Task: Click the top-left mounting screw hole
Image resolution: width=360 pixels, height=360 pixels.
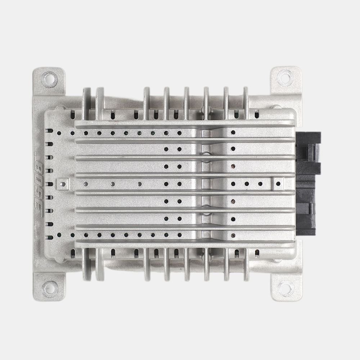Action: coord(49,79)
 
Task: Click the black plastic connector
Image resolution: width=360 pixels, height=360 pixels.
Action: coord(308,184)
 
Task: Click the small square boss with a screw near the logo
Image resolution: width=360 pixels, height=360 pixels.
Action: coord(62,184)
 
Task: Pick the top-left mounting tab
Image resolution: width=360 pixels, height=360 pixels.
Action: coord(49,81)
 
